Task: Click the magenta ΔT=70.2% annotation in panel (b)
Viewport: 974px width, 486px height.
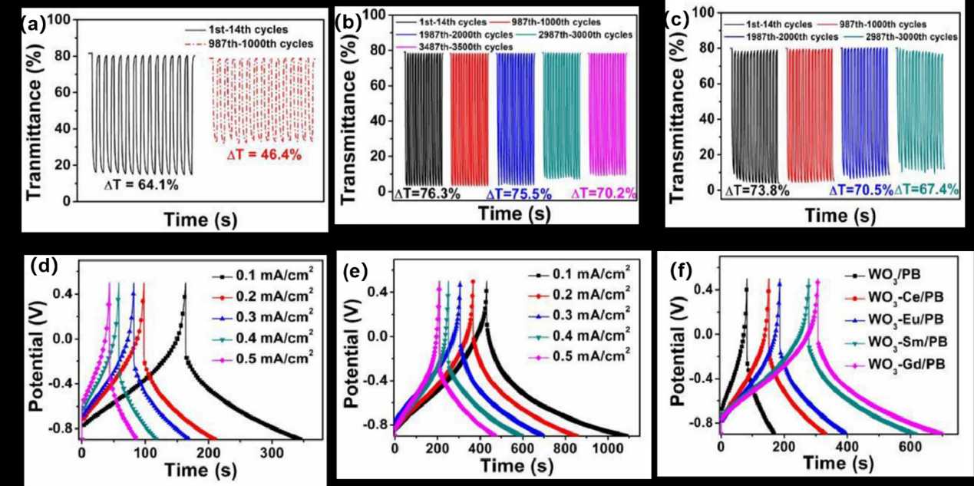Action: [603, 194]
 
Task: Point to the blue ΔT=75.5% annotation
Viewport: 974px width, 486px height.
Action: [519, 194]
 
